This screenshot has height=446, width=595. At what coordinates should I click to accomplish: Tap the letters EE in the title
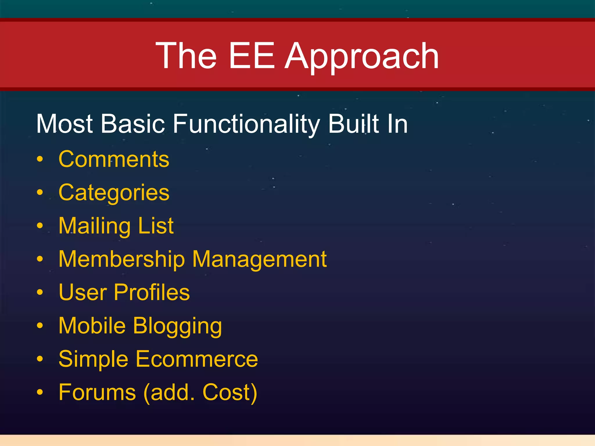(252, 56)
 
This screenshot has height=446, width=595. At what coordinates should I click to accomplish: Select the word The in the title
(186, 56)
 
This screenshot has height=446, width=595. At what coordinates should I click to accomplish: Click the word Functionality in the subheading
(246, 124)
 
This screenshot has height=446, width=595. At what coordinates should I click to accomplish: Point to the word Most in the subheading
(64, 124)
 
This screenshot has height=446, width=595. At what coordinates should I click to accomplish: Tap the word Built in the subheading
(354, 124)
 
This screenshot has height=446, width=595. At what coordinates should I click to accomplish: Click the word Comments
(114, 159)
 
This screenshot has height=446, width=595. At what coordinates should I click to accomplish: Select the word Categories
(114, 193)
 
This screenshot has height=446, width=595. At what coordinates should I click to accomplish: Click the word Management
(259, 259)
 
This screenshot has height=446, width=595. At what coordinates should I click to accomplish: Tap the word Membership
(122, 259)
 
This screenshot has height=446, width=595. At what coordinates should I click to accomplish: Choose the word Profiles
(152, 292)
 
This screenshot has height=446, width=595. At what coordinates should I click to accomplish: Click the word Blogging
(178, 326)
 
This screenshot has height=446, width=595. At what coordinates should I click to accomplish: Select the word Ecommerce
(197, 359)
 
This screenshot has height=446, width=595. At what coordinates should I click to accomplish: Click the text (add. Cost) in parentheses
(200, 392)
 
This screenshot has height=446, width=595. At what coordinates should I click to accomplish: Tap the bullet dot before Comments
(40, 159)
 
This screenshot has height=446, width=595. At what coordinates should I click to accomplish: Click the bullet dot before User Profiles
(40, 292)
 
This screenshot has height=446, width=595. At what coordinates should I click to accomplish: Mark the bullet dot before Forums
(40, 392)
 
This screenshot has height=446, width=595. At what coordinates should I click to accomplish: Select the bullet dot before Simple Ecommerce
(40, 359)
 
